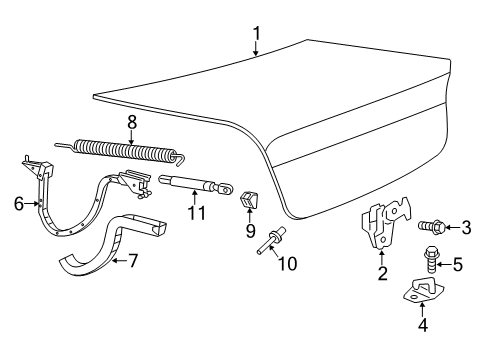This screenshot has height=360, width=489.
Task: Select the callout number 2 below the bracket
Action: click(381, 271)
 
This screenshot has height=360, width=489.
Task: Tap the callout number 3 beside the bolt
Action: click(465, 228)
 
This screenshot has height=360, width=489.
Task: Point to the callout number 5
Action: click(459, 264)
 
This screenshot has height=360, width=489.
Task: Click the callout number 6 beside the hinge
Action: click(18, 203)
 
